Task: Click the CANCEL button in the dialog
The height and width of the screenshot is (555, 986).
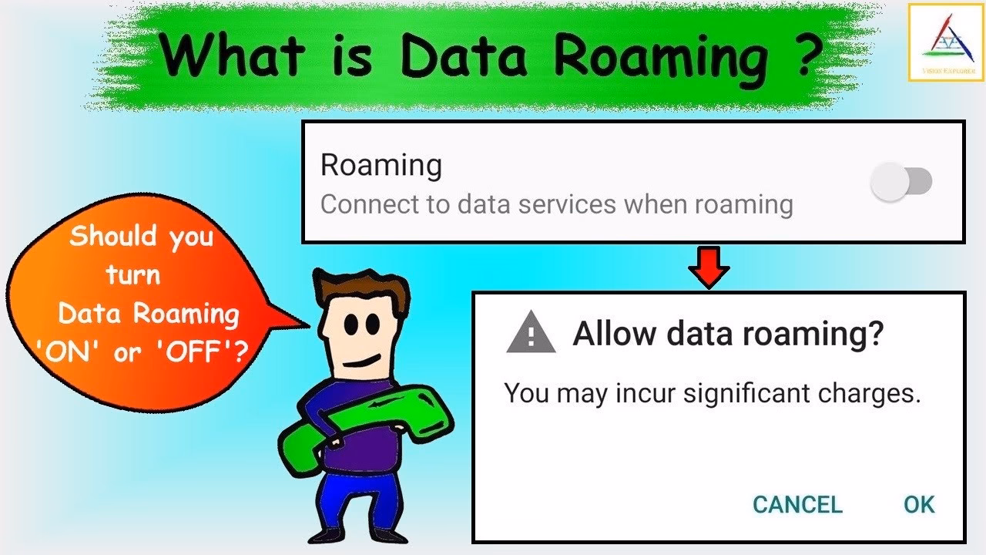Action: coord(797,505)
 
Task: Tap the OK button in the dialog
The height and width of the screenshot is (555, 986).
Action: coord(919,505)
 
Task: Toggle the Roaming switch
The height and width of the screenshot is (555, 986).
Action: coord(900,183)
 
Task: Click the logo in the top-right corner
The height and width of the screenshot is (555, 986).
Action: coord(946,42)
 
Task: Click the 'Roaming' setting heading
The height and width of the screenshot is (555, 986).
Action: coord(381,165)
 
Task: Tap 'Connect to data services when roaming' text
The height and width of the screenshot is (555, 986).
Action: coord(556,204)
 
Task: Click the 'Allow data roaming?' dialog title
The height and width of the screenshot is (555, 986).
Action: coord(728,335)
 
